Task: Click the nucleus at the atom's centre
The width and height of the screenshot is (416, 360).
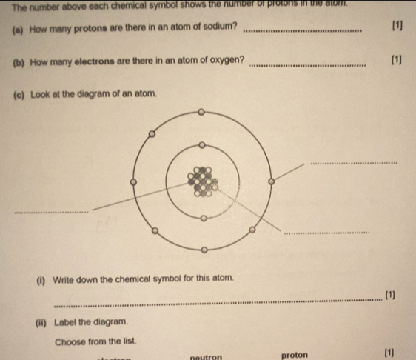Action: pyautogui.click(x=202, y=181)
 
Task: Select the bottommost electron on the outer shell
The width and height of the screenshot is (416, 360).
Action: pyautogui.click(x=204, y=250)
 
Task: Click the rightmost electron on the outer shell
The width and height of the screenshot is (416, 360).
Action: pyautogui.click(x=271, y=181)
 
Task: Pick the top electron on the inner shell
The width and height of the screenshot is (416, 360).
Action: pyautogui.click(x=201, y=145)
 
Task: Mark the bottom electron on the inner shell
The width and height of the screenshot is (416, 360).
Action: pyautogui.click(x=204, y=218)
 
